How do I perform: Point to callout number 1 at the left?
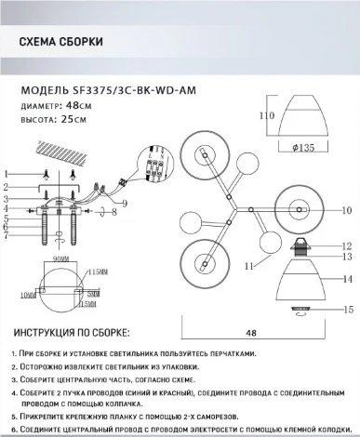point(7,174)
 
